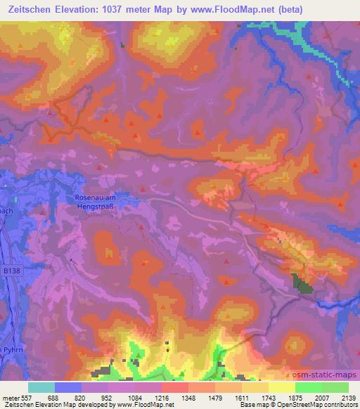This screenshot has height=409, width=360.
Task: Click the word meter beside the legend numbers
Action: [x=10, y=397]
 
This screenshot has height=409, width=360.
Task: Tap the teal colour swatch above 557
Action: [x=41, y=387]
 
